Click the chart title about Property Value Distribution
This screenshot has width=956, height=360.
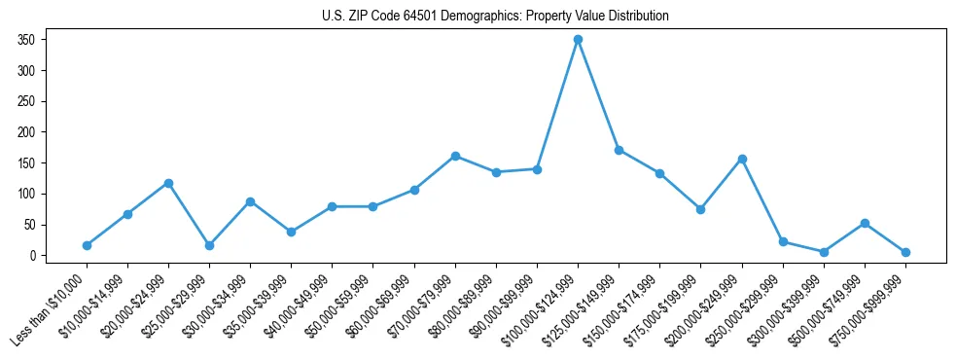click(x=495, y=17)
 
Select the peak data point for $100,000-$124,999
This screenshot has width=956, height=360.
click(x=578, y=40)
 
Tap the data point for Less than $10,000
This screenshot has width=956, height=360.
click(x=87, y=245)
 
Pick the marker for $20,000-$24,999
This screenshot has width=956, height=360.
click(x=168, y=183)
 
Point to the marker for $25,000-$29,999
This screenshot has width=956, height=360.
click(x=209, y=245)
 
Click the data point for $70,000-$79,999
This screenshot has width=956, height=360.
click(x=455, y=156)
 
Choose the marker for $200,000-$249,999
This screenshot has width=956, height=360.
click(x=742, y=159)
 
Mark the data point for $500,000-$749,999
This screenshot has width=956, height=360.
click(x=865, y=223)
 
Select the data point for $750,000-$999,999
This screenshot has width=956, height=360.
click(x=905, y=252)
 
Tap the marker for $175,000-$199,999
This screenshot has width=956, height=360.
click(x=700, y=209)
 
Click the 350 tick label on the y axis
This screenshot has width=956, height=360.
click(x=26, y=40)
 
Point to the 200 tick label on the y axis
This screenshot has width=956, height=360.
click(x=26, y=132)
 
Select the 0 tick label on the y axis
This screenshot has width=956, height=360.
click(x=32, y=256)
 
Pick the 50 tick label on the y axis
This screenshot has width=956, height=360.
click(x=29, y=225)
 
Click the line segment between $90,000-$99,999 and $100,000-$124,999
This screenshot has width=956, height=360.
click(x=557, y=105)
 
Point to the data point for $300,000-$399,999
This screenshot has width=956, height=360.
click(x=824, y=252)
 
